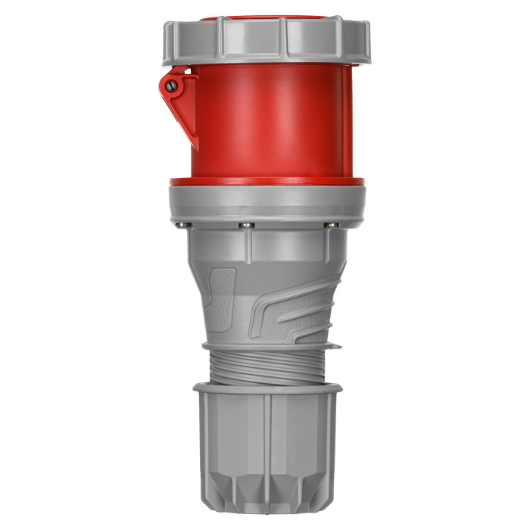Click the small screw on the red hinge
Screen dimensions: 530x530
coord(172,86)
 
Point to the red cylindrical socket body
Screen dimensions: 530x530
coord(265,121)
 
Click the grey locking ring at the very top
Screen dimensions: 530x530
coord(265,42)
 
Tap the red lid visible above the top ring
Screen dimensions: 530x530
coord(265,16)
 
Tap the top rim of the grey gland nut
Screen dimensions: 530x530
coord(267,388)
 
